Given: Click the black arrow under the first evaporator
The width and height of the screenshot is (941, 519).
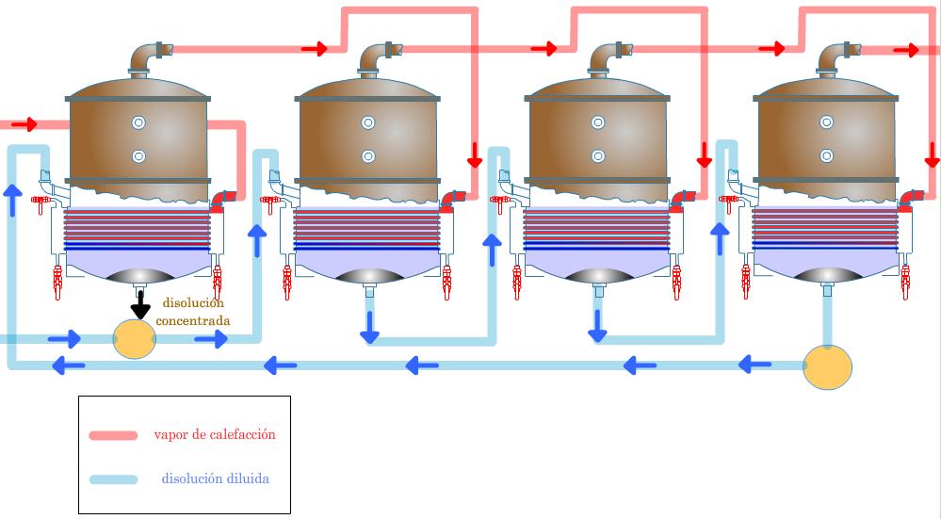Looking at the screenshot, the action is (140, 305).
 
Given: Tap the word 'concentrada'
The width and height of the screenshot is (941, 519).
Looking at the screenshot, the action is (193, 320).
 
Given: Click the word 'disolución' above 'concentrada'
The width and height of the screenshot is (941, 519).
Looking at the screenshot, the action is (193, 303).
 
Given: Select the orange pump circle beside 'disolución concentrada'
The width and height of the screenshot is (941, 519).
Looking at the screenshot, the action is (135, 338).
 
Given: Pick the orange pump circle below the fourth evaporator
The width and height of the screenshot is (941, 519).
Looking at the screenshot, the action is (828, 367).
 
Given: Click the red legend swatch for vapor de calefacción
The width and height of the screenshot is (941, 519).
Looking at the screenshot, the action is (113, 435).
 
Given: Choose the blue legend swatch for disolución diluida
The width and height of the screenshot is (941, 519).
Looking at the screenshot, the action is (113, 479).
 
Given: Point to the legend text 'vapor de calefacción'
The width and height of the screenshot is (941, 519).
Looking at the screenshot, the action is (215, 434).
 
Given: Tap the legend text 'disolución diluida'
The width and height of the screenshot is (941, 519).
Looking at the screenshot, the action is (216, 478).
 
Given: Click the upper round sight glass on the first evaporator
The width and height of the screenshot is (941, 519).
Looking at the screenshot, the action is (138, 123).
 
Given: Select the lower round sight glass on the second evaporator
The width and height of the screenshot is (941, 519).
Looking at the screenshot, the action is (368, 156).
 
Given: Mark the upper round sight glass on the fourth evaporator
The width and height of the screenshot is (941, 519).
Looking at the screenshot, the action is (827, 122).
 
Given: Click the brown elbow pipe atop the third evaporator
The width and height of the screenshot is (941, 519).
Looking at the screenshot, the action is (608, 57).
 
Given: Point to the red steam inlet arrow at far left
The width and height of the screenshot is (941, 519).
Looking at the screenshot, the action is (24, 124).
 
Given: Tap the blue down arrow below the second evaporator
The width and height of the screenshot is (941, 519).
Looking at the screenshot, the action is (369, 328).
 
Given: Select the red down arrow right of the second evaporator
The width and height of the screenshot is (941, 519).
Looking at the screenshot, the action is (475, 154).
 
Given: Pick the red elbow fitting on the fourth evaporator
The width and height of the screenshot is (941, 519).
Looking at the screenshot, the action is (912, 200).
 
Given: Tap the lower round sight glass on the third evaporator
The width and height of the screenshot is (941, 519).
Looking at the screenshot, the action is (598, 156).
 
